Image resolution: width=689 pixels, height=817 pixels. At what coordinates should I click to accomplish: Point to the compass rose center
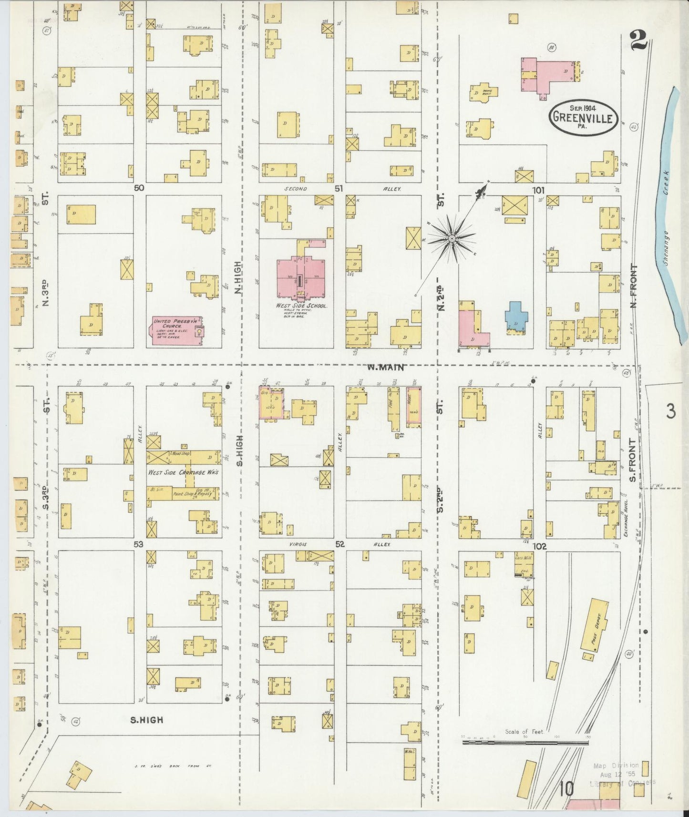(x=451, y=237)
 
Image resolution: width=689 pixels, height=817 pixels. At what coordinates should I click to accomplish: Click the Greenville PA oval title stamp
(x=583, y=116)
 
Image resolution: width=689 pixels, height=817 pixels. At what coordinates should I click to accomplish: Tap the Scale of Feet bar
(x=526, y=751)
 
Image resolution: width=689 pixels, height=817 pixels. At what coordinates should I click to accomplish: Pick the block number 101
(x=538, y=190)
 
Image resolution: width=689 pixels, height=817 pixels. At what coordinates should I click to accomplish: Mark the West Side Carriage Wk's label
(x=183, y=472)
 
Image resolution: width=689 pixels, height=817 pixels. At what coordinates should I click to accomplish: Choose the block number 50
(x=139, y=188)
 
